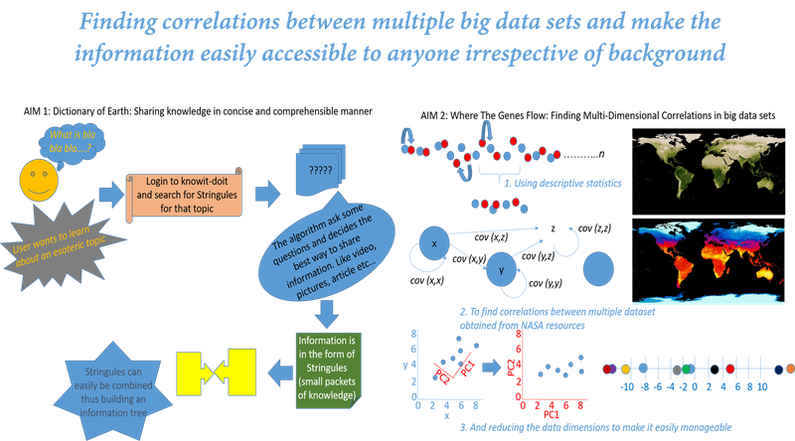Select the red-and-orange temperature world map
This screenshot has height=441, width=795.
707,263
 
